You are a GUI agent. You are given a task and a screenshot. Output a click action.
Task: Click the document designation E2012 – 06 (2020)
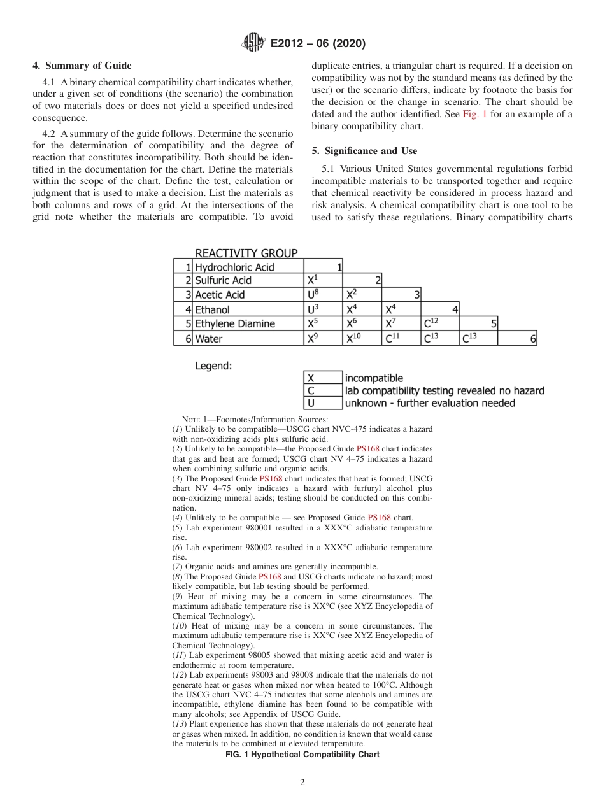[318, 44]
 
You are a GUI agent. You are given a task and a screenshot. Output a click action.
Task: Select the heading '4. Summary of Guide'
[82, 66]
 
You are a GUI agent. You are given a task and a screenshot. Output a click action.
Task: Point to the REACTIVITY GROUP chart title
[246, 253]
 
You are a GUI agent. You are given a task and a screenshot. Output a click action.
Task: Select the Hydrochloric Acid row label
[234, 267]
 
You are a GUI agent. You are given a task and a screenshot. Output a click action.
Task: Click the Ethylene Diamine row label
[235, 324]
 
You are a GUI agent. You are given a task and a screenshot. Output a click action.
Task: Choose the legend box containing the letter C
[323, 390]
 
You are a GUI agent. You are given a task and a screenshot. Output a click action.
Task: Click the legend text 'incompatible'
[374, 378]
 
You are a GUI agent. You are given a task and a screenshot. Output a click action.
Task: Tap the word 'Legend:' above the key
[213, 366]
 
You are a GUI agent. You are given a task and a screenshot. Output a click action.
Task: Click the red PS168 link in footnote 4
[379, 518]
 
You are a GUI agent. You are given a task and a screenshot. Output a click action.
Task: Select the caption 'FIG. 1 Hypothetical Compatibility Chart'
[302, 755]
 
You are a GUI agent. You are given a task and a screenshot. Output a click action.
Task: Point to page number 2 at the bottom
[302, 783]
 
